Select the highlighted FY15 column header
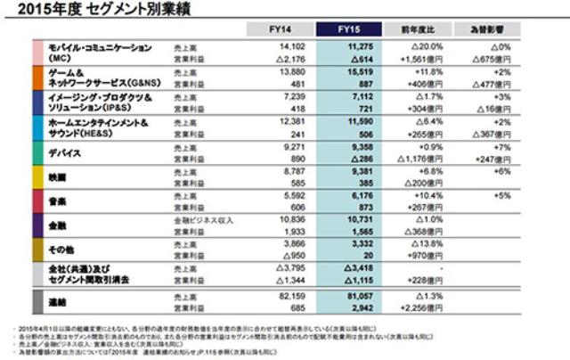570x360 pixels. [348, 29]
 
